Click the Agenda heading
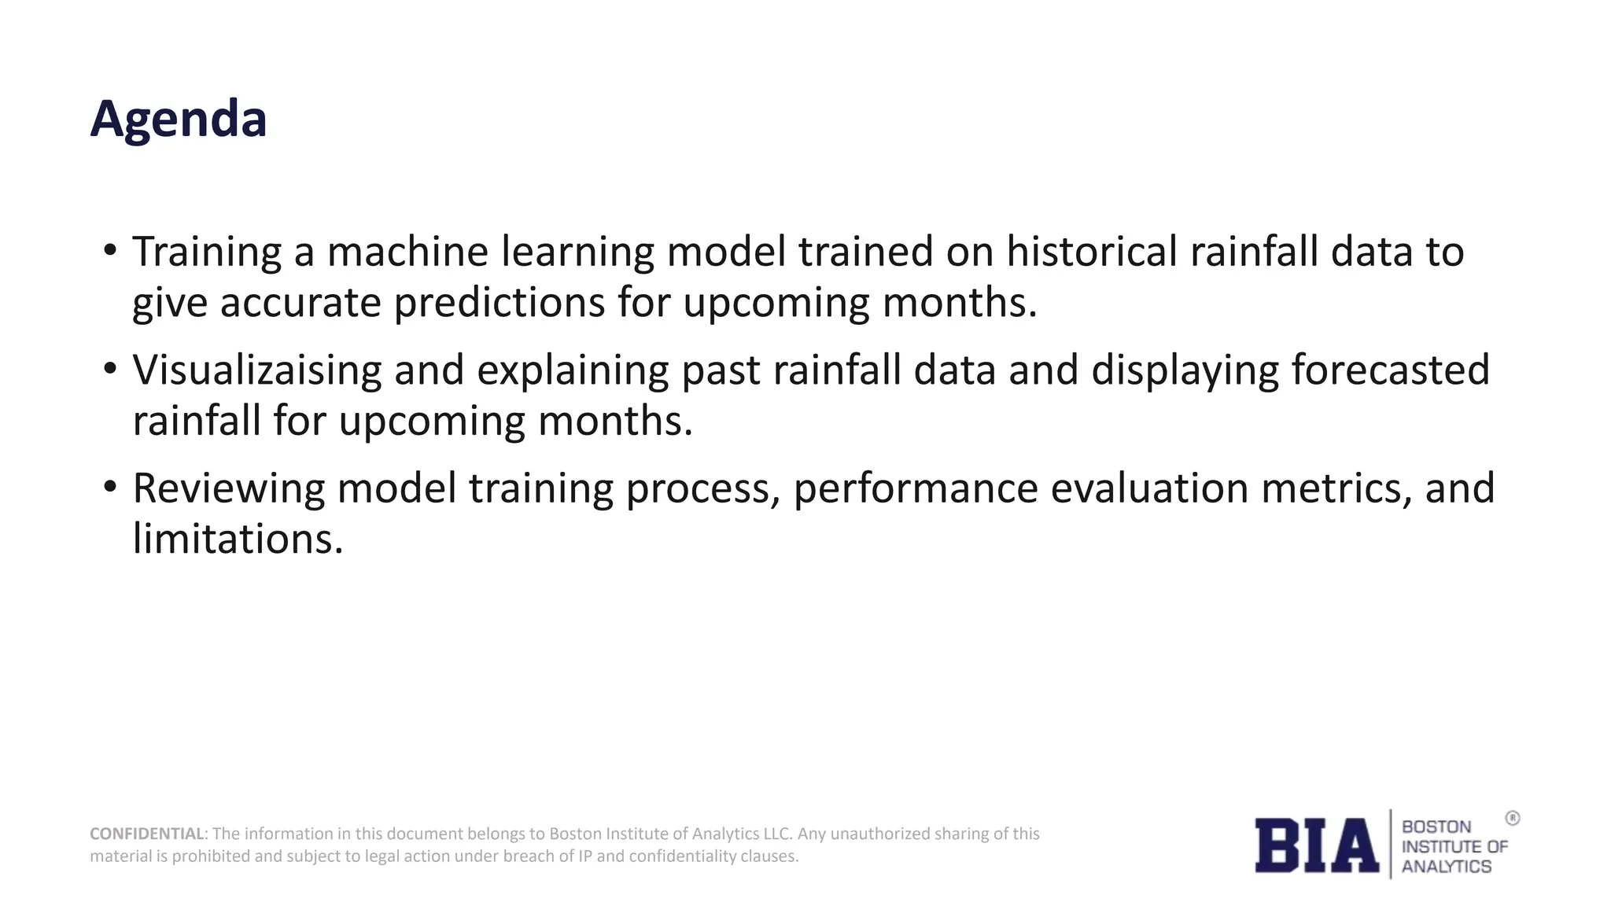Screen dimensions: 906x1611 coord(179,120)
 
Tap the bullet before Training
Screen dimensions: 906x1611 coord(110,251)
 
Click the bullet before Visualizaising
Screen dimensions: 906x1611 coord(110,369)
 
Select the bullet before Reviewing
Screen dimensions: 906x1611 coord(110,487)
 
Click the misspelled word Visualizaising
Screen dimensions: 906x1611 coord(257,370)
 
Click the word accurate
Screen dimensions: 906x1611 coord(300,303)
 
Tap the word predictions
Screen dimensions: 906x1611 coord(499,303)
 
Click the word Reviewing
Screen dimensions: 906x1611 coord(228,488)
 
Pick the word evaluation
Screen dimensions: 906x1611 coord(1149,488)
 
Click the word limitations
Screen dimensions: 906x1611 coord(238,540)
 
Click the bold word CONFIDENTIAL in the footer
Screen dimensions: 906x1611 coord(147,834)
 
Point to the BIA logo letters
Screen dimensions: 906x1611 coord(1316,845)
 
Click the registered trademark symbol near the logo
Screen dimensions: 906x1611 coord(1512,819)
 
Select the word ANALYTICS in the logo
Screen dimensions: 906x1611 coord(1446,867)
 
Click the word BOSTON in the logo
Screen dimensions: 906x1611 coord(1436,827)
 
